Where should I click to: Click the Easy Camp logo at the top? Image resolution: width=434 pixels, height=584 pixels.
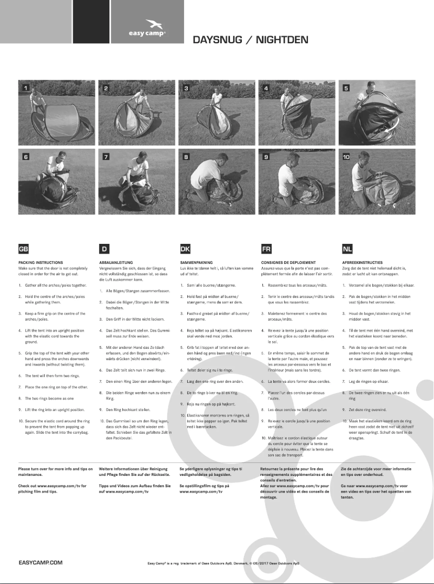point(147,28)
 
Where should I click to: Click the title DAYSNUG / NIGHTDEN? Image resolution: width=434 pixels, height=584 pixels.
point(251,39)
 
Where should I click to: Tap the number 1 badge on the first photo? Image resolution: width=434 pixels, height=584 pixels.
point(25,88)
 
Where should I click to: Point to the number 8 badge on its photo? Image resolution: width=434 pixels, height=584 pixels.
point(186,157)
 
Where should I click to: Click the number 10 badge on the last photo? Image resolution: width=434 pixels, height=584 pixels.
point(347,157)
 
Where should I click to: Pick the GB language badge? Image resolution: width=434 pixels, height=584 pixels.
point(24,249)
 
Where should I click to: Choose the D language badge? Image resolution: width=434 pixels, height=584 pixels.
point(104,249)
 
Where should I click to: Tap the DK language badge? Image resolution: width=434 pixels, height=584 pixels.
point(185,249)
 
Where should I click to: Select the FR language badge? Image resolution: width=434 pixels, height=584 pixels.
point(266,249)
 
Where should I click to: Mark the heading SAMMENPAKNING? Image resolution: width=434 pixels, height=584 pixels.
point(196,262)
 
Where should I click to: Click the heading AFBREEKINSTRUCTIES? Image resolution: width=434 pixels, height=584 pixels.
point(363,262)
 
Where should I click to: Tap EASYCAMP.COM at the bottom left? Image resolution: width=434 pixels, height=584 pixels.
point(40,562)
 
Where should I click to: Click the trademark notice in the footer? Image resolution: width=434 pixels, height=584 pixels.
point(223,563)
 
